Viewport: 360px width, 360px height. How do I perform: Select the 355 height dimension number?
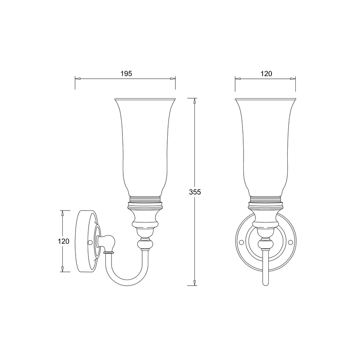(x=195, y=192)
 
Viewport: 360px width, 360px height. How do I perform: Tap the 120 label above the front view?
(x=266, y=74)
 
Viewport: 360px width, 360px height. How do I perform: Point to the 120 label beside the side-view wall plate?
(x=63, y=241)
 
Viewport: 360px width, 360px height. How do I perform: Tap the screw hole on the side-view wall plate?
(x=90, y=242)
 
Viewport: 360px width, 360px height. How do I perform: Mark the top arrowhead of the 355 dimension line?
(x=195, y=101)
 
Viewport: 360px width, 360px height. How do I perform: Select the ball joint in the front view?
(x=265, y=244)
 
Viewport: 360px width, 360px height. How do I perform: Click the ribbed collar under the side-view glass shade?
(x=145, y=199)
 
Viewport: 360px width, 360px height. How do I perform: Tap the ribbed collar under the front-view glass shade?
(x=265, y=199)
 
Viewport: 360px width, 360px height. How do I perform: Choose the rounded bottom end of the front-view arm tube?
(x=265, y=283)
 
